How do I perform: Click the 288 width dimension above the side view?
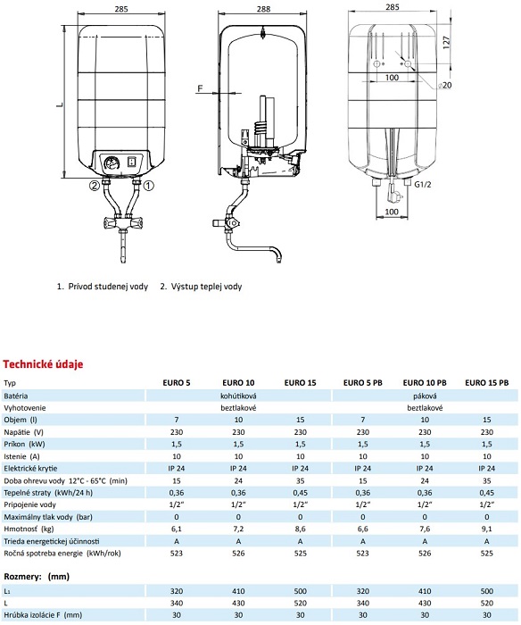point(263,9)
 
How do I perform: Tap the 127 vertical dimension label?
point(446,42)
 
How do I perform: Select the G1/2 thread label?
point(423,184)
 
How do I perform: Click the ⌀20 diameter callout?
point(444,86)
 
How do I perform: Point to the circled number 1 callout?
point(148,186)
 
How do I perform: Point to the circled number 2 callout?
point(94,186)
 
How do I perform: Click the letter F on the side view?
point(200,88)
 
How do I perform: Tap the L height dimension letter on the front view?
point(60,104)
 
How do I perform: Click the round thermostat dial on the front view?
point(112,163)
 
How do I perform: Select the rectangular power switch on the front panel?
point(132,162)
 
